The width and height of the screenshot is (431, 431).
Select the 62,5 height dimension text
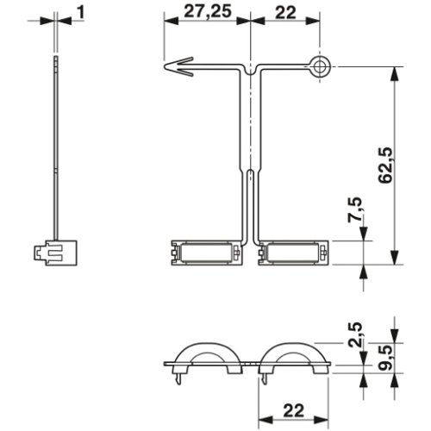[x=387, y=164]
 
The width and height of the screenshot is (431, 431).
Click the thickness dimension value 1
[x=80, y=13]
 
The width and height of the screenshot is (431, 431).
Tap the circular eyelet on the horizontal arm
[x=321, y=66]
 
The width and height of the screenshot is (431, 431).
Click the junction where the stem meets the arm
[x=249, y=69]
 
